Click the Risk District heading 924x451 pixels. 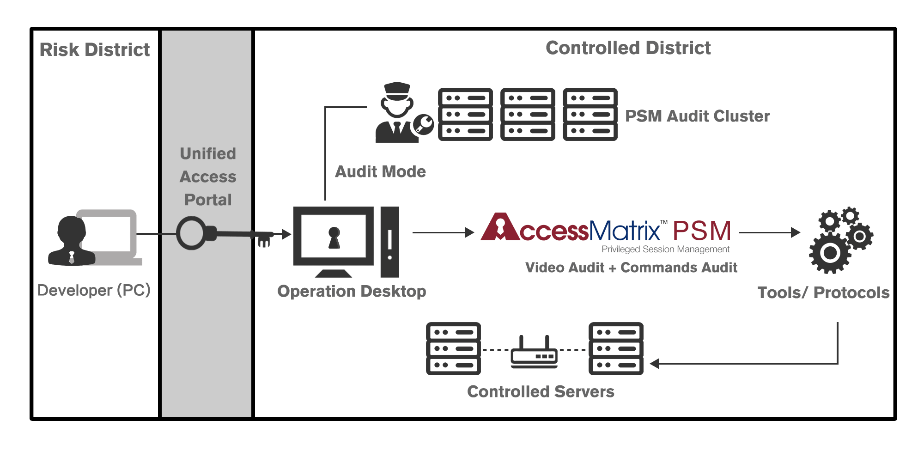(95, 50)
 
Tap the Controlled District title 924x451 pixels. (628, 48)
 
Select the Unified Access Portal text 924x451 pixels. (208, 177)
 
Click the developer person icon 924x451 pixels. (72, 241)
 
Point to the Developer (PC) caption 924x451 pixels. (94, 290)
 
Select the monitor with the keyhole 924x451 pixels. (334, 242)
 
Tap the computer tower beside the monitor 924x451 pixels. (390, 242)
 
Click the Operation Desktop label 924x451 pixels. (352, 291)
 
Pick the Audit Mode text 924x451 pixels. (380, 171)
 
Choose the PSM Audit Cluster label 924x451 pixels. (697, 116)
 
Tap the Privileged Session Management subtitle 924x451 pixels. (665, 250)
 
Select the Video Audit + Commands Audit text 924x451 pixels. (631, 268)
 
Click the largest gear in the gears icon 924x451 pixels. (830, 253)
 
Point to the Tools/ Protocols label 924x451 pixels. (823, 293)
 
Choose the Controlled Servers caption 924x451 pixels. (541, 391)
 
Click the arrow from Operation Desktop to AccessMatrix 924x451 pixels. (444, 232)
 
